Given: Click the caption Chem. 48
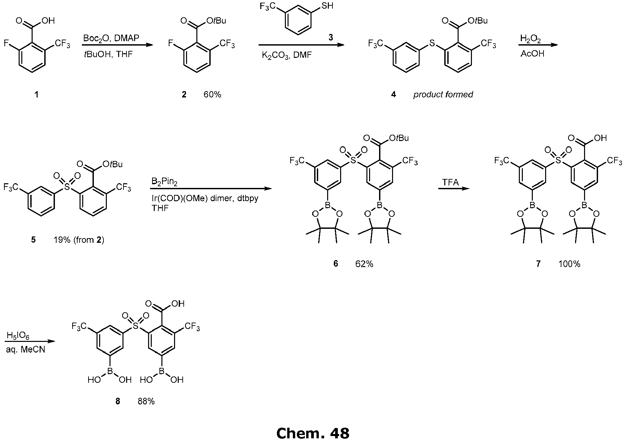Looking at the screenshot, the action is coord(312,433).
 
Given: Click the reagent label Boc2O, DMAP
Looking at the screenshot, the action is coord(111,38).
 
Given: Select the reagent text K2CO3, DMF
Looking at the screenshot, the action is coord(287,55).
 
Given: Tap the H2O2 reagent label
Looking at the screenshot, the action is coord(530,39).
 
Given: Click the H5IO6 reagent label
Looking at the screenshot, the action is coord(18,337).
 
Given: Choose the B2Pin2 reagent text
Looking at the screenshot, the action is coord(164,182).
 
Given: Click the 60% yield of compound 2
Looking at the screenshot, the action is coord(212,95).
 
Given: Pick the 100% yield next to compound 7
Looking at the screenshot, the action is coord(569,264).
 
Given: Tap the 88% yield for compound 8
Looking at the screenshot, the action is coord(146,401).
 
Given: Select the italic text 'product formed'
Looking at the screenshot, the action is coord(443,95).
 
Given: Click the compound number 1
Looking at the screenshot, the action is coord(37,95).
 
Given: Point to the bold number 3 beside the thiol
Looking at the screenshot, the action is coord(330,37).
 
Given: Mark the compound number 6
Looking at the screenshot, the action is coord(335,264).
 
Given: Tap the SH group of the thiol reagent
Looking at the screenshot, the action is coord(327,6).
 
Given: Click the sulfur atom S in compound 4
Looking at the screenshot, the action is coord(432,43).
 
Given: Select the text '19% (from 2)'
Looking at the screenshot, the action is coord(79,240).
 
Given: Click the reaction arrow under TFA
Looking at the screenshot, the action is coord(453,189).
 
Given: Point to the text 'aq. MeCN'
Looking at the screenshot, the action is coord(25,350).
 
